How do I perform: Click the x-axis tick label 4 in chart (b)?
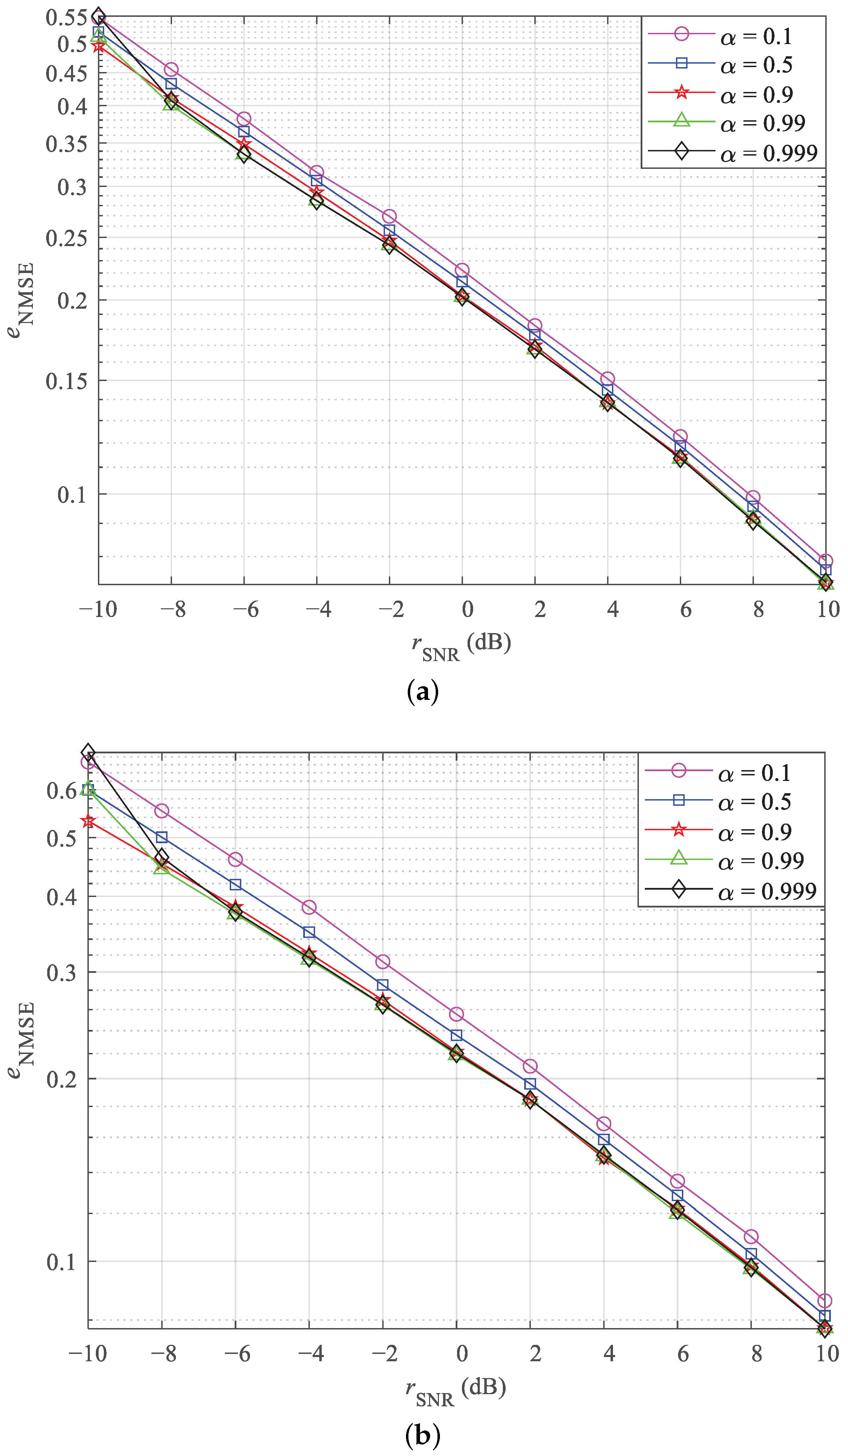609,1353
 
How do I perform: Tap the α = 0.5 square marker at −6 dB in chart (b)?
235,884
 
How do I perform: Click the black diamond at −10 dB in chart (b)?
88,752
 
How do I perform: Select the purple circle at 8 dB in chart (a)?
753,497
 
